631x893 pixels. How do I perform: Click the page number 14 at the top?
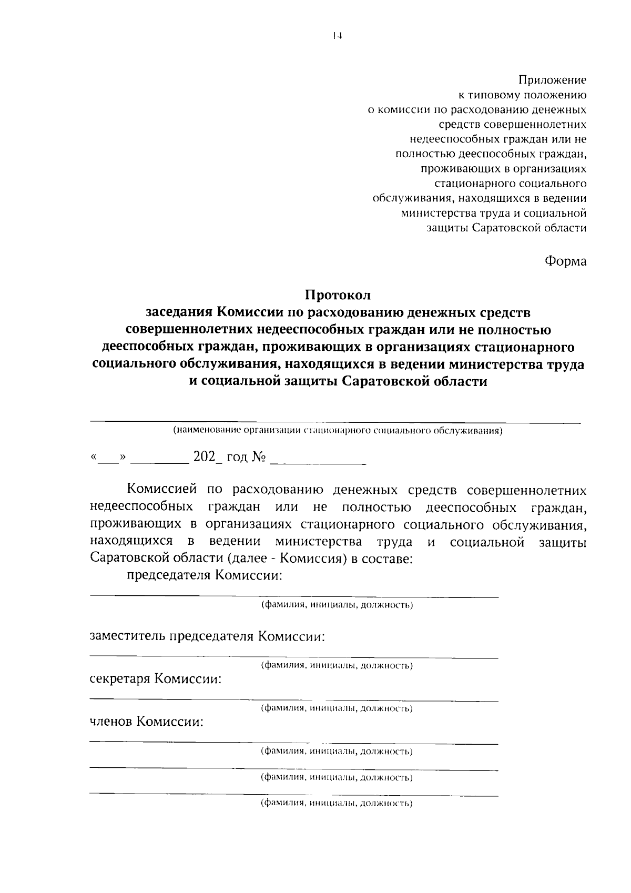click(x=337, y=36)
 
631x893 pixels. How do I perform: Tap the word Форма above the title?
click(x=565, y=260)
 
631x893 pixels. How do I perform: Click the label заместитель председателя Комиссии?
click(x=207, y=636)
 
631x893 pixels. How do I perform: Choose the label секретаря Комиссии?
click(x=156, y=679)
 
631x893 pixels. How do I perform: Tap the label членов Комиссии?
click(x=147, y=722)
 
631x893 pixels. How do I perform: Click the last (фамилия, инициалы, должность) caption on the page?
click(x=337, y=803)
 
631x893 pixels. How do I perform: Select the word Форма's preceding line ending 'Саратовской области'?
click(x=506, y=228)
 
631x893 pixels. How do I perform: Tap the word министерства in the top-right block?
click(x=436, y=214)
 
